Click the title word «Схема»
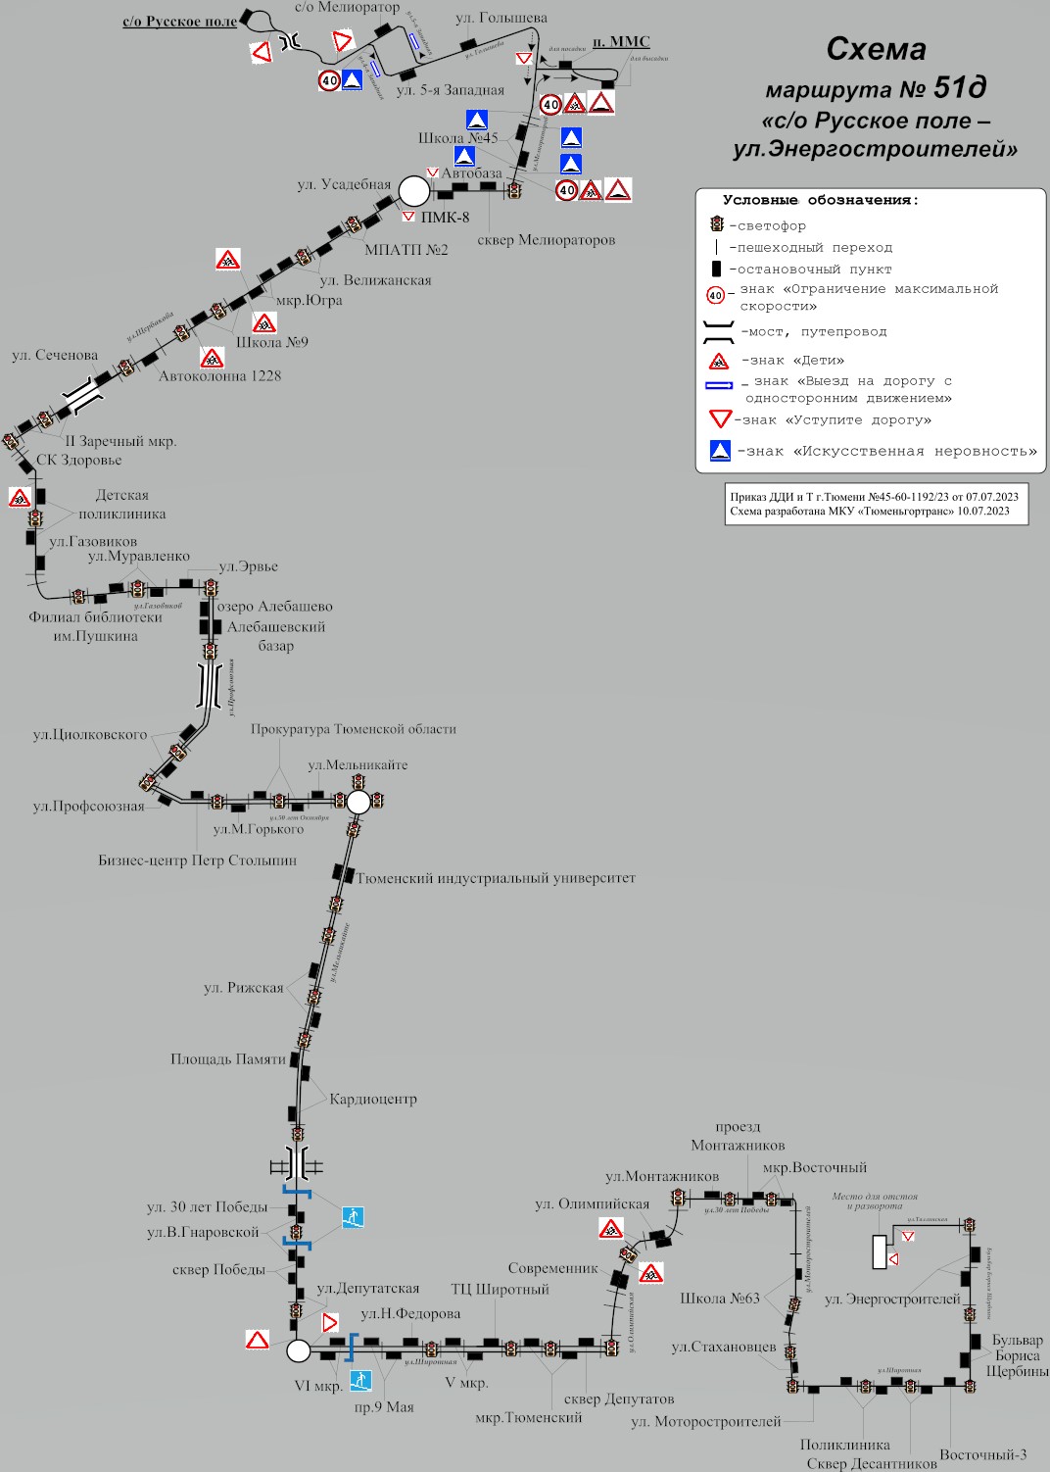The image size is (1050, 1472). click(876, 49)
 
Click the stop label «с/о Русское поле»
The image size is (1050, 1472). click(179, 22)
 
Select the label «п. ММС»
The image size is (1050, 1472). click(621, 41)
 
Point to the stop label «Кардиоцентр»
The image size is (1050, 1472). click(373, 1099)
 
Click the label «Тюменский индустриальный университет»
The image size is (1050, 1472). click(496, 878)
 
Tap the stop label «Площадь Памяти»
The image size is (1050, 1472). click(228, 1058)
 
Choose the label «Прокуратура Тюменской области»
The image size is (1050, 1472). click(353, 729)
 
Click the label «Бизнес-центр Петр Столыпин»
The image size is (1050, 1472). click(197, 860)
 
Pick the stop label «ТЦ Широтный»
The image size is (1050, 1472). click(500, 1289)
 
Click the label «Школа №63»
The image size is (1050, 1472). click(720, 1298)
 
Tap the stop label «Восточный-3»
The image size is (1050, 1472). click(982, 1454)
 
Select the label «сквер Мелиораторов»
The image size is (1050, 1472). click(546, 240)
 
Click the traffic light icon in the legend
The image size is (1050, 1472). click(717, 225)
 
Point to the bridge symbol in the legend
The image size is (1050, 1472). click(719, 331)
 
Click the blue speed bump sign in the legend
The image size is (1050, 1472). click(720, 451)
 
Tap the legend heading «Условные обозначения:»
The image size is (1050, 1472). click(821, 200)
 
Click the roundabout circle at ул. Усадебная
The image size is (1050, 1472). click(413, 190)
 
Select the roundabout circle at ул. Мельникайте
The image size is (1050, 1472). click(358, 802)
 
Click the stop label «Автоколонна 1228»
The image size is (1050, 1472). click(219, 375)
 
